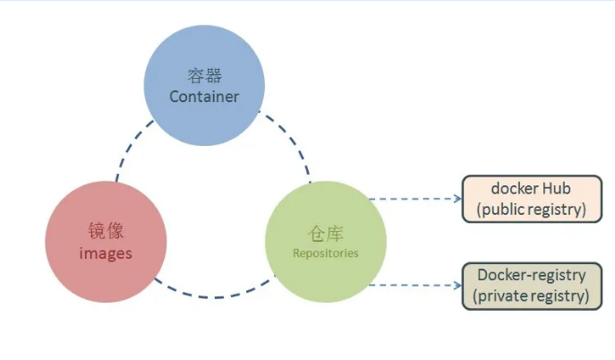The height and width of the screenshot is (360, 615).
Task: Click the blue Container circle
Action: tap(204, 85)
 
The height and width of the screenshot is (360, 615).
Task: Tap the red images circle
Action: tap(106, 242)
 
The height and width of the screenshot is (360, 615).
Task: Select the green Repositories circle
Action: tap(326, 241)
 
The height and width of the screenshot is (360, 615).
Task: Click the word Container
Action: tap(204, 96)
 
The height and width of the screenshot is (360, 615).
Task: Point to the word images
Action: tap(106, 253)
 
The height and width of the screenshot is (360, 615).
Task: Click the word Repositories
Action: tap(325, 253)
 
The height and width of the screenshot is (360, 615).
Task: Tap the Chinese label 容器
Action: tap(204, 76)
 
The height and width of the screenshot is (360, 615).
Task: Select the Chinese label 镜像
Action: tap(106, 232)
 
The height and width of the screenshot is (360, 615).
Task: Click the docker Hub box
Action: tap(531, 199)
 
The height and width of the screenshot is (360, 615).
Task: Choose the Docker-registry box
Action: tap(531, 286)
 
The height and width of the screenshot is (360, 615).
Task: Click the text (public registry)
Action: tap(531, 210)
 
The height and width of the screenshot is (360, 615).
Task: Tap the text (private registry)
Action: tap(531, 296)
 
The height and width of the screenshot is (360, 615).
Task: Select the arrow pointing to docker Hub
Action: tap(415, 199)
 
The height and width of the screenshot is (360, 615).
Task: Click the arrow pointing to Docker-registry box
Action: tap(415, 285)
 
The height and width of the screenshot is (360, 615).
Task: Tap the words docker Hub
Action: tap(531, 189)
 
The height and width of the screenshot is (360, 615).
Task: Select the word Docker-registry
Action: tap(531, 275)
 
